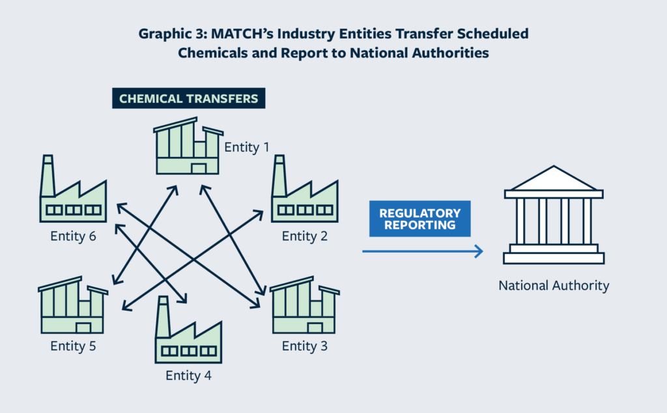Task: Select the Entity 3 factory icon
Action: tap(304, 306)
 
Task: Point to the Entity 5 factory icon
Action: tap(73, 306)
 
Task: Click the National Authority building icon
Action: tap(553, 216)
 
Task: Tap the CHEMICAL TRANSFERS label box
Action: tap(188, 99)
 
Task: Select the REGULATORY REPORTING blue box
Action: tap(419, 219)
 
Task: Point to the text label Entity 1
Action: tap(247, 147)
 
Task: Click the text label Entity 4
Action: tap(188, 375)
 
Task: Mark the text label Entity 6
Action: tap(74, 236)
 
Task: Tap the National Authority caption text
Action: tap(554, 285)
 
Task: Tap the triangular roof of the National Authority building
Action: tap(553, 178)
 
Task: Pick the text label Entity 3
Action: tap(304, 346)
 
